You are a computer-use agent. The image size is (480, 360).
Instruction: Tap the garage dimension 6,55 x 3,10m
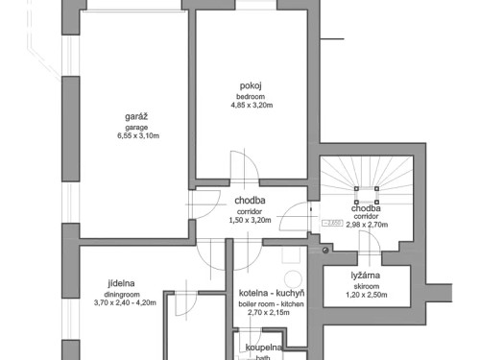click(134, 136)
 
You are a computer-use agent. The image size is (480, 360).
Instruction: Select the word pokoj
click(252, 85)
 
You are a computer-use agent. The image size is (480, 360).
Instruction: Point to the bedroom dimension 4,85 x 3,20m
click(252, 106)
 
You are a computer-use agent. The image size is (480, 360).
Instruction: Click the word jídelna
click(121, 283)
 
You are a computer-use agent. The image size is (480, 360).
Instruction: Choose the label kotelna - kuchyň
click(271, 293)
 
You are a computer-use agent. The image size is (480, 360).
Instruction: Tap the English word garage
click(134, 127)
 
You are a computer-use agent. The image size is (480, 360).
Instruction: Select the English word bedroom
click(252, 96)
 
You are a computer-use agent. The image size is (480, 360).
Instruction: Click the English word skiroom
click(364, 285)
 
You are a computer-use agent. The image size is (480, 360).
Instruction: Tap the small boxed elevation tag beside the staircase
click(332, 223)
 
